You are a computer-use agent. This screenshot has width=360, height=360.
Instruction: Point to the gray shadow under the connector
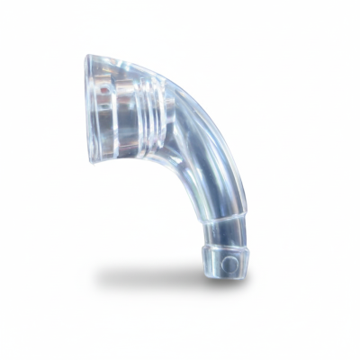pyautogui.click(x=153, y=274)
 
